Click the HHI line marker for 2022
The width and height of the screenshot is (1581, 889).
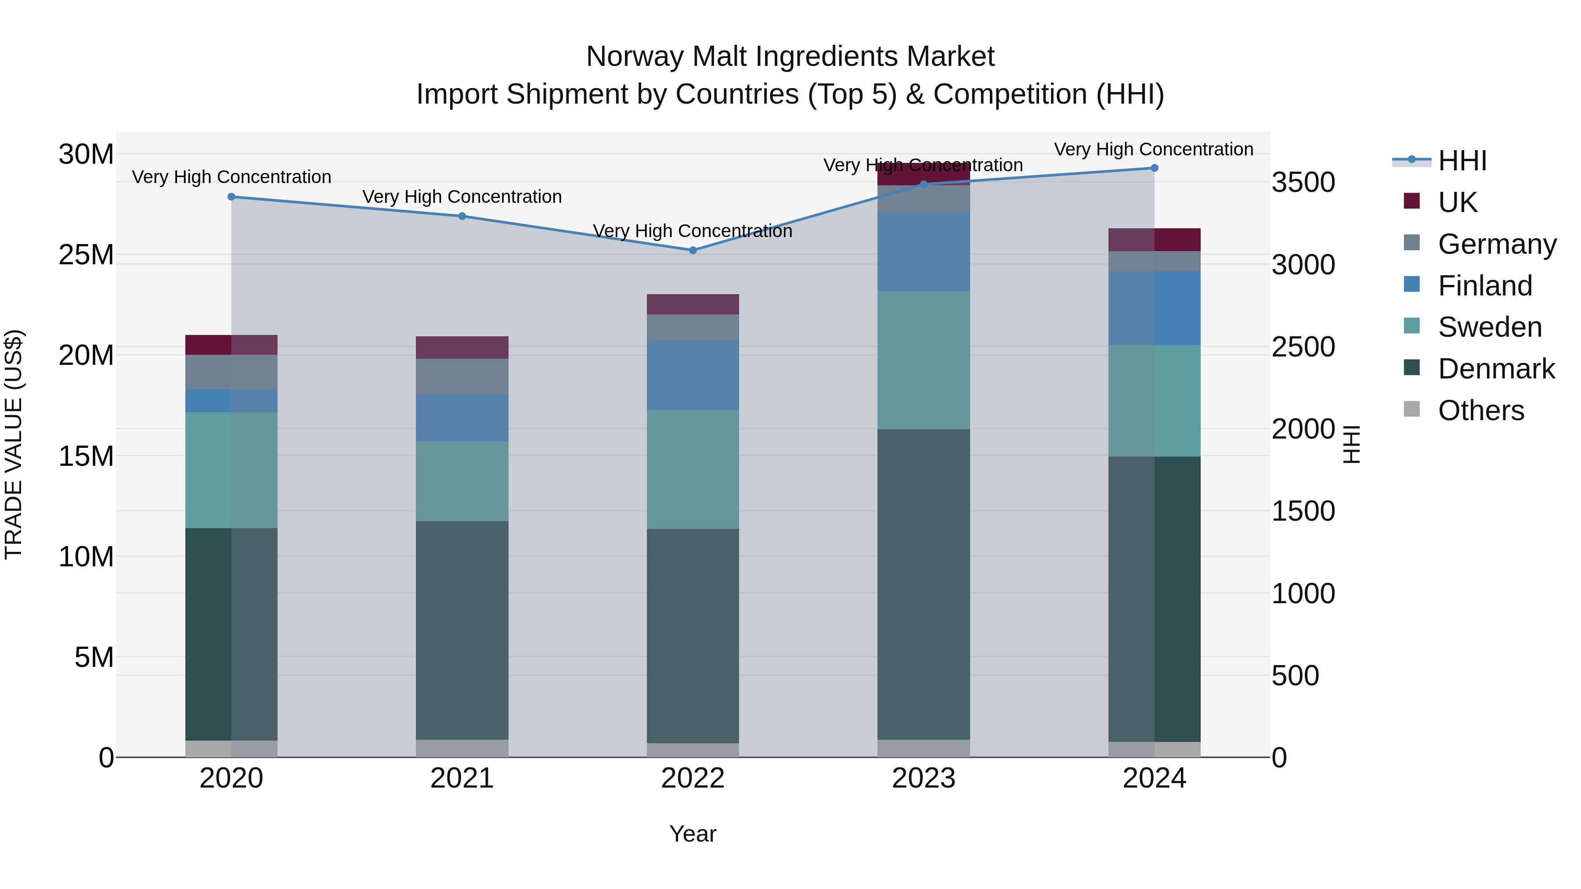(693, 250)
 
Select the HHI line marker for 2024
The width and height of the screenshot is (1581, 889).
(1154, 168)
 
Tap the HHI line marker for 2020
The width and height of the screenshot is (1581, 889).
(231, 197)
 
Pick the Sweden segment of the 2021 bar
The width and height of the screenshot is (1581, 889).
(462, 482)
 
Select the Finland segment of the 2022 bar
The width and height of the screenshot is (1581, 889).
(693, 375)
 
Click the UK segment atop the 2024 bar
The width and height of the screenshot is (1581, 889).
(1154, 240)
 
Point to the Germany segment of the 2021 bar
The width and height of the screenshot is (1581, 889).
(462, 376)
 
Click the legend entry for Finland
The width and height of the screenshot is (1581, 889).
(1485, 286)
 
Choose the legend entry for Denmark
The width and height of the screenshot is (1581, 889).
(1496, 369)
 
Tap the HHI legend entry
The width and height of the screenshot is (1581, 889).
(1462, 161)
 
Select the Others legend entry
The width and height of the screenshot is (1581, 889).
(1480, 410)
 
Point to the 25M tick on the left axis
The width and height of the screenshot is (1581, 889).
(86, 255)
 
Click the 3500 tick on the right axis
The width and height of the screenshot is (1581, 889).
(1303, 182)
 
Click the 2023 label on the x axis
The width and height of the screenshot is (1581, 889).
(923, 778)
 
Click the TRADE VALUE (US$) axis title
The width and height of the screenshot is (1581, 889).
(14, 444)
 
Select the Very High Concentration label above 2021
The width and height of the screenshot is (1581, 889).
(462, 197)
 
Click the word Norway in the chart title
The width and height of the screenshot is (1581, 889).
(636, 57)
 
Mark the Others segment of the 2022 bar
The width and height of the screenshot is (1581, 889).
(693, 750)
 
